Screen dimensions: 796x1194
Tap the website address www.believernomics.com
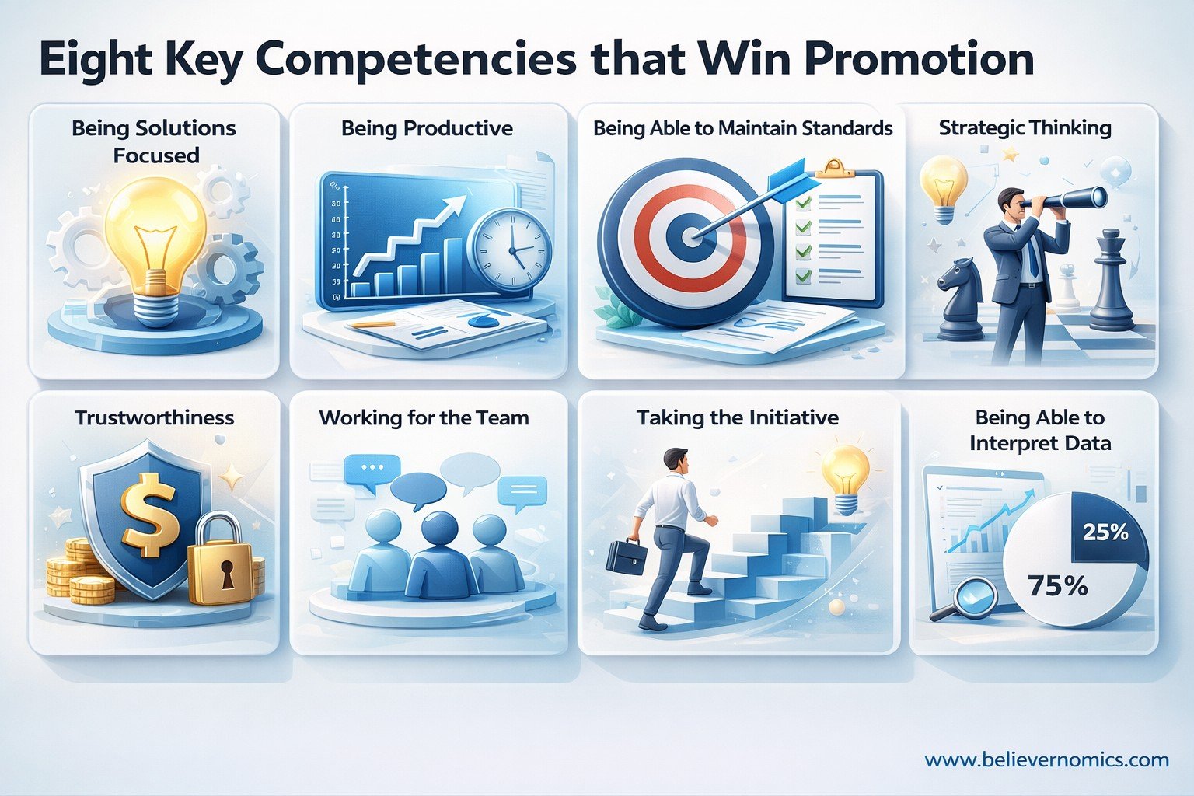pyautogui.click(x=1046, y=759)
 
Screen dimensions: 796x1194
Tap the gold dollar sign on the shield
pyautogui.click(x=153, y=518)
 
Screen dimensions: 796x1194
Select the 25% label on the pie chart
pyautogui.click(x=1105, y=532)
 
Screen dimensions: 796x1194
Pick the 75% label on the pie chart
pyautogui.click(x=1057, y=585)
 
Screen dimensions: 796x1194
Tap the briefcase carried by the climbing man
pyautogui.click(x=626, y=557)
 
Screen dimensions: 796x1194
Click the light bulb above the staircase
pyautogui.click(x=846, y=476)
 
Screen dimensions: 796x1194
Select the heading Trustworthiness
pyautogui.click(x=154, y=417)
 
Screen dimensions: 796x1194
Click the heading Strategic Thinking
pyautogui.click(x=1025, y=128)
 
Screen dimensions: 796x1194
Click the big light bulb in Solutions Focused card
pyautogui.click(x=156, y=233)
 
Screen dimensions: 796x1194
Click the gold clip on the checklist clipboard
pyautogui.click(x=832, y=167)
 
